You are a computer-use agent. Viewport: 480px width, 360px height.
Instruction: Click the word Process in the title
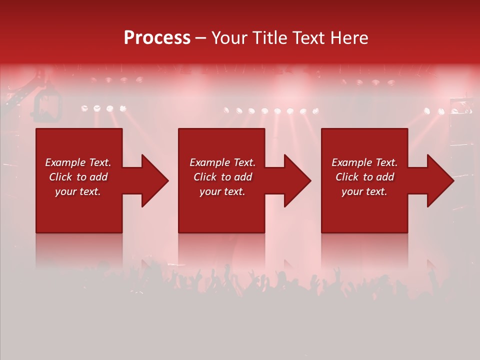[x=157, y=38]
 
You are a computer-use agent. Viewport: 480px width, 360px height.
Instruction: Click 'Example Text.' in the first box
[x=78, y=162]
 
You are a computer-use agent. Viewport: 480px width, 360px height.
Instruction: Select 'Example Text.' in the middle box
[x=222, y=162]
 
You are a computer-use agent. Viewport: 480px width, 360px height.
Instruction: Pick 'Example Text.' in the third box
[x=364, y=162]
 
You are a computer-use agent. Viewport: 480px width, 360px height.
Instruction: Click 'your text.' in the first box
[x=78, y=191]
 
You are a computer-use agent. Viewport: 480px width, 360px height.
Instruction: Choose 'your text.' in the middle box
[x=222, y=191]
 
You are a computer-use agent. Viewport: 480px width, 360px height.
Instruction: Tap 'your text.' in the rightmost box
[x=364, y=191]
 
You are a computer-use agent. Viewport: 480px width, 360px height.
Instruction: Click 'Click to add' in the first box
[x=78, y=177]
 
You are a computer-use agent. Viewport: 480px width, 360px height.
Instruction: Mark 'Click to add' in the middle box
[x=222, y=177]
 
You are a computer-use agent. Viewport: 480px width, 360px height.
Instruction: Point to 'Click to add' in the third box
[x=364, y=177]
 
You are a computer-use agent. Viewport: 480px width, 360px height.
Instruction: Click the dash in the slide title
[x=200, y=38]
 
